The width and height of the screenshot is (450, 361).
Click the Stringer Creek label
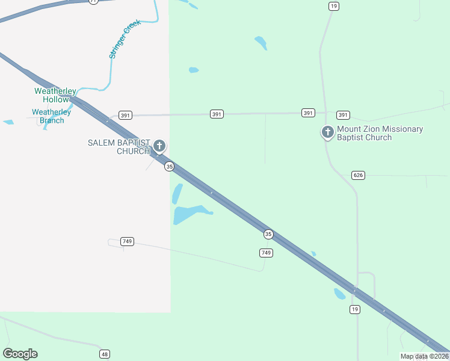[x=125, y=39]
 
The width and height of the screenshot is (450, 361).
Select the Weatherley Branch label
[x=51, y=116]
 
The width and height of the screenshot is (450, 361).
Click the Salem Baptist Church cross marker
[x=159, y=146]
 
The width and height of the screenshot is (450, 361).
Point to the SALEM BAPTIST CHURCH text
[x=119, y=147]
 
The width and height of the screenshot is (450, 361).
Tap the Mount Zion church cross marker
[x=328, y=132]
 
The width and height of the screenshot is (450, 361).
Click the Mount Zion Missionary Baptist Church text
[x=380, y=134]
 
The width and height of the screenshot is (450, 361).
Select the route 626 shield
[x=358, y=175]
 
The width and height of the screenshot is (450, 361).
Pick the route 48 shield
[x=105, y=354]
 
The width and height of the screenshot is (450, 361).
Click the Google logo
[x=20, y=354]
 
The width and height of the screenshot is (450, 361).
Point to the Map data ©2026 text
[x=424, y=356]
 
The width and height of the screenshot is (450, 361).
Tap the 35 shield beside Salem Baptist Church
[x=170, y=166]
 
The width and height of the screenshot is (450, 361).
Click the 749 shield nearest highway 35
[x=267, y=253]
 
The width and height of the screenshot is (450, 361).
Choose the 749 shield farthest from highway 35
[x=126, y=241]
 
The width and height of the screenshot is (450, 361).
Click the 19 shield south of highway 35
[x=355, y=309]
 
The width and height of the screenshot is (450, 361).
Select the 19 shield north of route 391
[x=334, y=6]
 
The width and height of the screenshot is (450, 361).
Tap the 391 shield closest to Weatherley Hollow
[x=125, y=115]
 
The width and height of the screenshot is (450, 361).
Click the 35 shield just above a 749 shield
[x=268, y=233]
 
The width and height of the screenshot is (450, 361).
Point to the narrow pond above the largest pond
[x=177, y=194]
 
